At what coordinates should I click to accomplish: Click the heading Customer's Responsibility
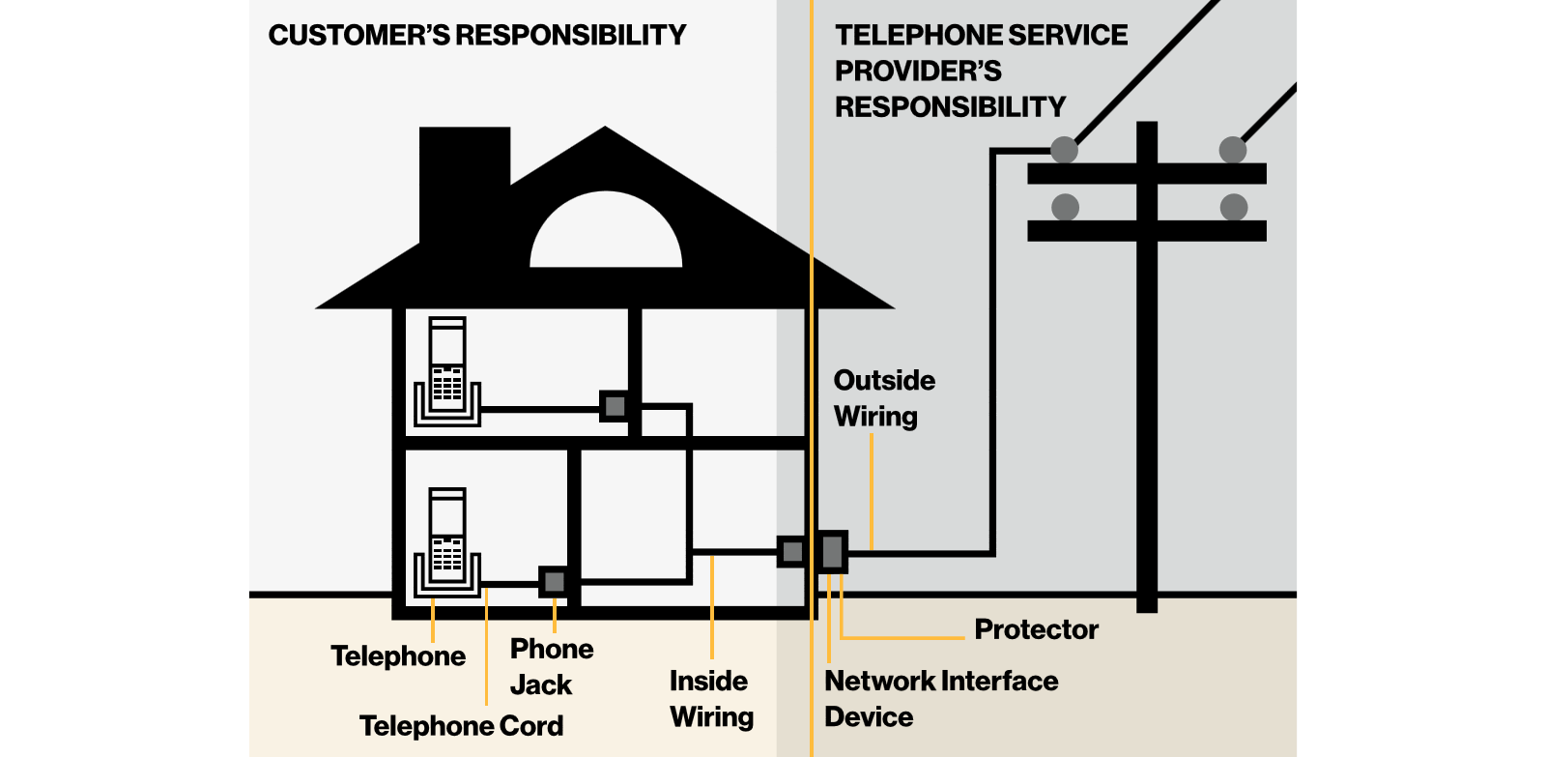click(x=476, y=36)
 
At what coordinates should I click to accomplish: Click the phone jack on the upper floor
click(x=615, y=406)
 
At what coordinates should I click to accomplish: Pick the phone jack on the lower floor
click(x=554, y=582)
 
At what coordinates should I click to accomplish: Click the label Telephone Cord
click(x=461, y=726)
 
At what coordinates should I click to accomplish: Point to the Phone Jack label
click(x=551, y=666)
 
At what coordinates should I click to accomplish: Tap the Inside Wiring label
click(x=711, y=698)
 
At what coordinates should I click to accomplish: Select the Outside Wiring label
click(x=883, y=397)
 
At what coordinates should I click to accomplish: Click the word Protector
click(x=1036, y=629)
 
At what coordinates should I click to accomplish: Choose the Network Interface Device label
click(x=940, y=698)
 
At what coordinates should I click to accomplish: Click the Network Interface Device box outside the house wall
click(x=832, y=552)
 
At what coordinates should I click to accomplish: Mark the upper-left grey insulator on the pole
click(x=1064, y=150)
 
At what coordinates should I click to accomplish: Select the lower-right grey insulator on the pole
click(x=1233, y=207)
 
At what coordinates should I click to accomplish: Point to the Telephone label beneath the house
click(x=398, y=656)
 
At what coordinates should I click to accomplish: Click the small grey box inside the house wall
click(x=792, y=552)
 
